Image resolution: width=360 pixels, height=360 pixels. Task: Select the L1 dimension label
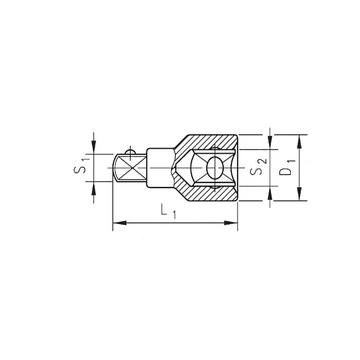[x=168, y=212]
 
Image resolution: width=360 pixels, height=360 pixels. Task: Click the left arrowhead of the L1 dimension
[x=120, y=223]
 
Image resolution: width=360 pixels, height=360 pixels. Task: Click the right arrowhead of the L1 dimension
[x=231, y=223]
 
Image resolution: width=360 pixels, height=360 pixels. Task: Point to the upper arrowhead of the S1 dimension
[x=94, y=147]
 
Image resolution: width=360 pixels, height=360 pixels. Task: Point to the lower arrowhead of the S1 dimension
[x=94, y=188]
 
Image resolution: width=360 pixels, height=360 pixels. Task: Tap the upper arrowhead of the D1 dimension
[x=299, y=141]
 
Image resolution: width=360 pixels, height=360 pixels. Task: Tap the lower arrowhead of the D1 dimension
[x=299, y=194]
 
